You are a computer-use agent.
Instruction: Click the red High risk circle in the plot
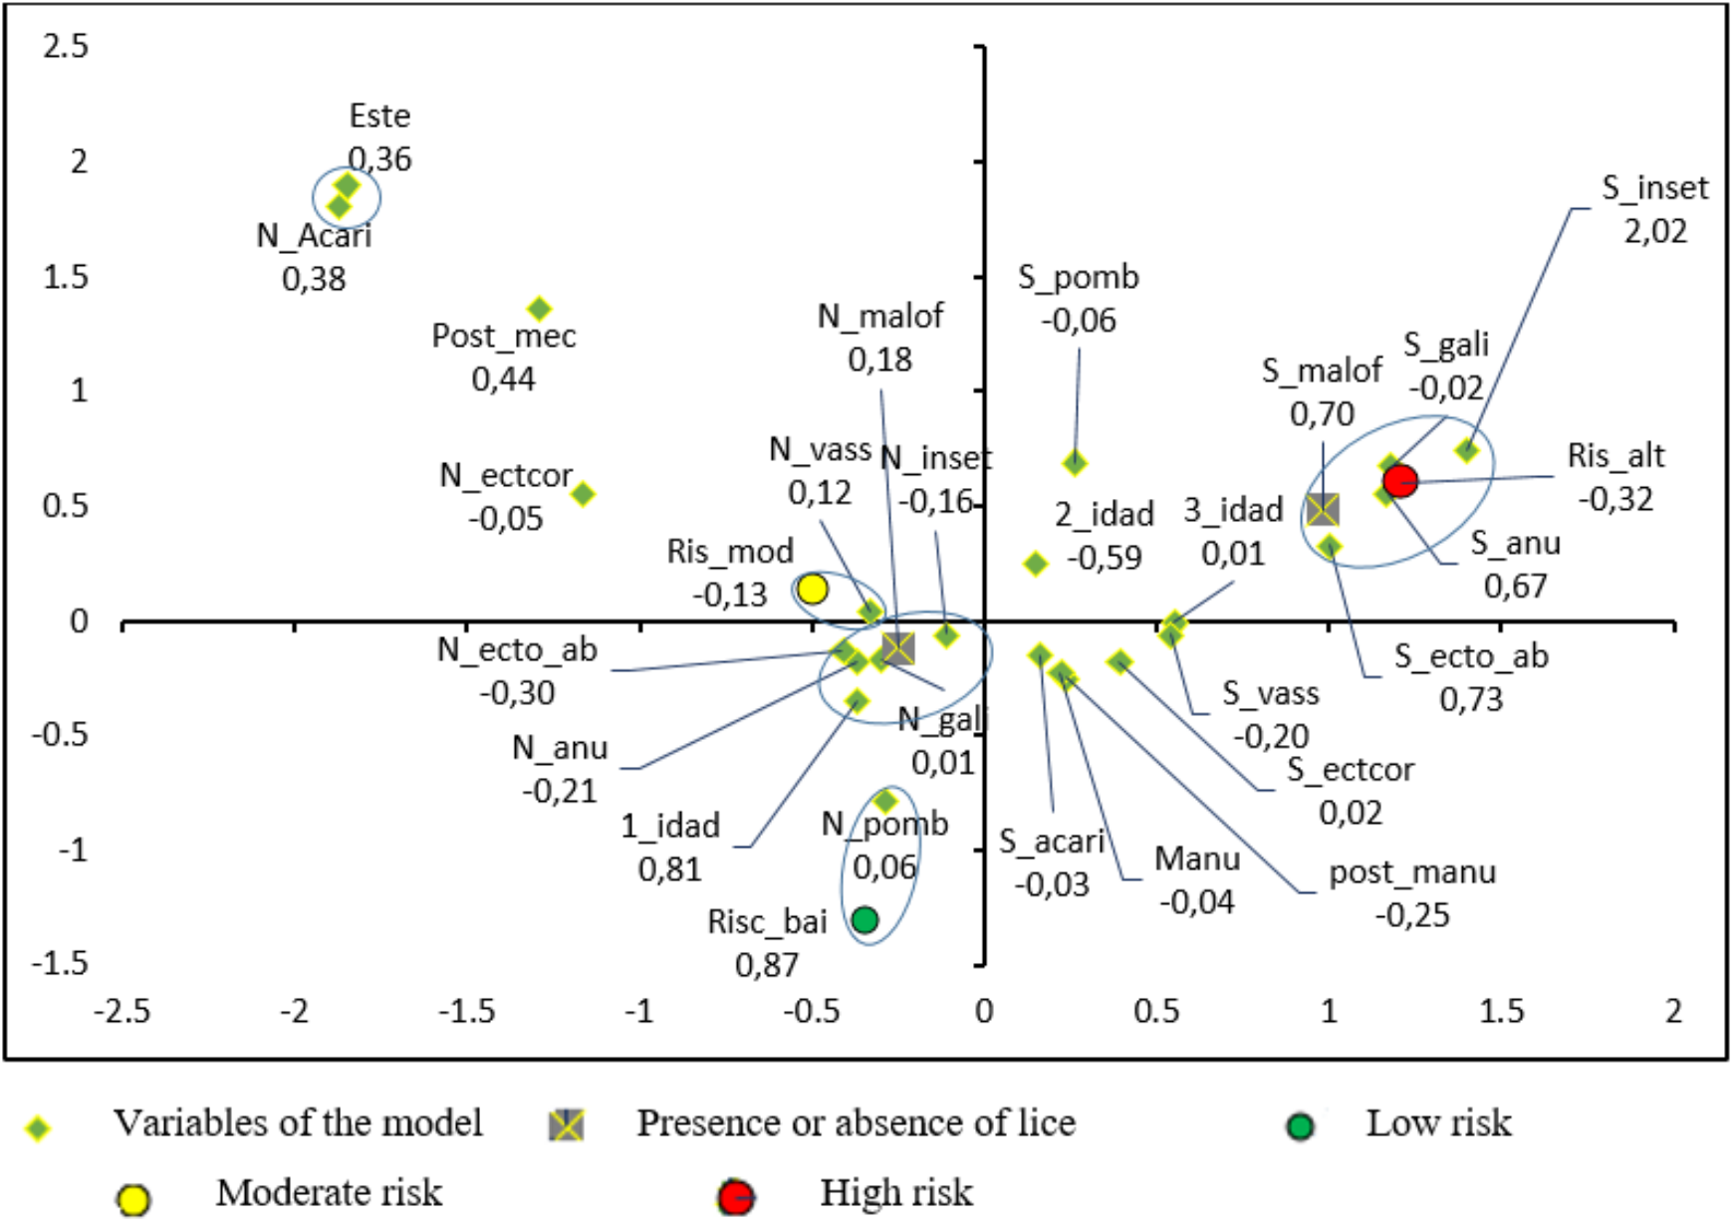pos(1399,480)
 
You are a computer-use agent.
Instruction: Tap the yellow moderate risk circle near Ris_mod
pos(812,589)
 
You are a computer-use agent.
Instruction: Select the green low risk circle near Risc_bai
pos(865,919)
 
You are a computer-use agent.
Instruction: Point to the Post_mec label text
pos(503,337)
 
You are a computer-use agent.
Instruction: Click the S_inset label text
pos(1654,188)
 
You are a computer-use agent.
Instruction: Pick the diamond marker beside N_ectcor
pos(584,494)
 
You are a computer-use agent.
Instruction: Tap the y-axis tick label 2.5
pos(66,46)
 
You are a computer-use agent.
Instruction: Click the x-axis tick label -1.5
pos(466,1012)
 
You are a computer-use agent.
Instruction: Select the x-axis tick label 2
pos(1673,1012)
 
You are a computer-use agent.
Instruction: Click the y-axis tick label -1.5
pos(60,964)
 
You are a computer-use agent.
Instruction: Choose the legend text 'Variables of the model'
pos(298,1123)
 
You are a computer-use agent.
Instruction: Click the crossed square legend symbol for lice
pos(567,1125)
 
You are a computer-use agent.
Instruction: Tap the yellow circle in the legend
pos(133,1199)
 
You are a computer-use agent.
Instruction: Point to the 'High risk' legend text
pos(895,1193)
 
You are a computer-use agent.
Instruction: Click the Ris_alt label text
pos(1615,456)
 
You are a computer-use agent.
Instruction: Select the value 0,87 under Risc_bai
pos(766,965)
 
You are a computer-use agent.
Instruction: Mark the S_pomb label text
pos(1078,278)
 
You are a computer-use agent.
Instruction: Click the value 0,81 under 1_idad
pos(669,869)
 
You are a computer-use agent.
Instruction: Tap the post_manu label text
pos(1412,873)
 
